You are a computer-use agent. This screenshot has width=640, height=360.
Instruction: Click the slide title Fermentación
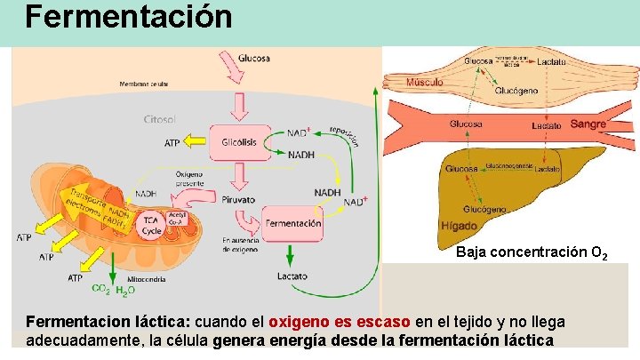pyautogui.click(x=130, y=17)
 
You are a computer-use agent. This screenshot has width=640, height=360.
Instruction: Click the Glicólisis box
pyautogui.click(x=237, y=141)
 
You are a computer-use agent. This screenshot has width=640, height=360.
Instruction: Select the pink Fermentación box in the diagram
pyautogui.click(x=293, y=223)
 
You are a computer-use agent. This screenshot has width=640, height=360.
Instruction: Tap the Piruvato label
pyautogui.click(x=239, y=199)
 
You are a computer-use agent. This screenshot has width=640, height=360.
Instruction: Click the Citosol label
pyautogui.click(x=161, y=119)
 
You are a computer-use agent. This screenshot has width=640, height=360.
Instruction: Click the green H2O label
pyautogui.click(x=125, y=290)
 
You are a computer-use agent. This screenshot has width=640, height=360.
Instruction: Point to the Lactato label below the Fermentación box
pyautogui.click(x=292, y=276)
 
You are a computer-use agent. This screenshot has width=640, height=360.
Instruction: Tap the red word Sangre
pyautogui.click(x=588, y=124)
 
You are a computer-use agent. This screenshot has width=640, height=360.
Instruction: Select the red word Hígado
pyautogui.click(x=459, y=226)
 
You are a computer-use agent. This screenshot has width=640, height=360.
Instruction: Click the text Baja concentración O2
pyautogui.click(x=532, y=253)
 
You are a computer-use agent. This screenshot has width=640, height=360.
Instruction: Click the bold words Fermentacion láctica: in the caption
pyautogui.click(x=108, y=321)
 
